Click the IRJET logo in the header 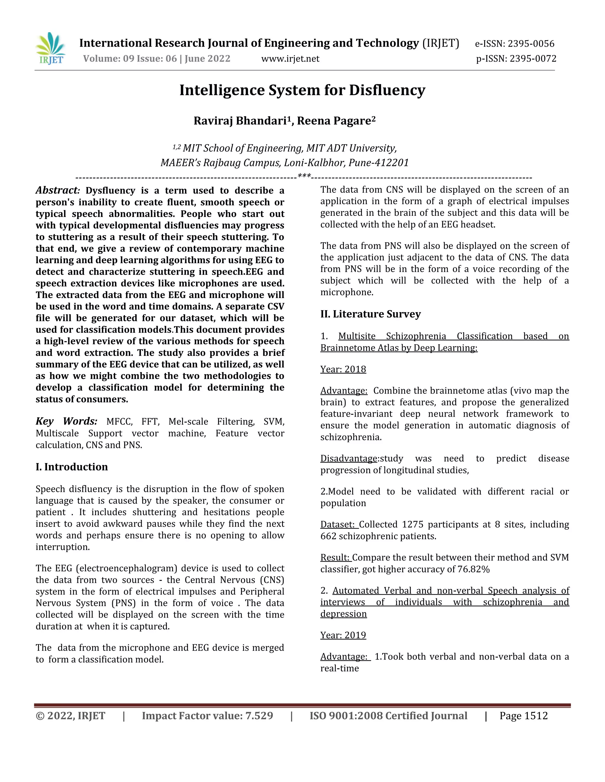pos(51,48)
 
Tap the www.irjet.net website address pos(290,59)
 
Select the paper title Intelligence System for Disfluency pos(302,90)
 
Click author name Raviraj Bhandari pos(240,121)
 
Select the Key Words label pos(66,421)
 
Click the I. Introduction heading pos(72,467)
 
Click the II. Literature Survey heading pos(370,314)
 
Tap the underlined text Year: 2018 pos(343,369)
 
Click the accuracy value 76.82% pos(473,569)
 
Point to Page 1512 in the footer pos(523,716)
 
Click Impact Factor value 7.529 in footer pos(207,716)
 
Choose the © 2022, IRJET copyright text pos(70,716)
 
